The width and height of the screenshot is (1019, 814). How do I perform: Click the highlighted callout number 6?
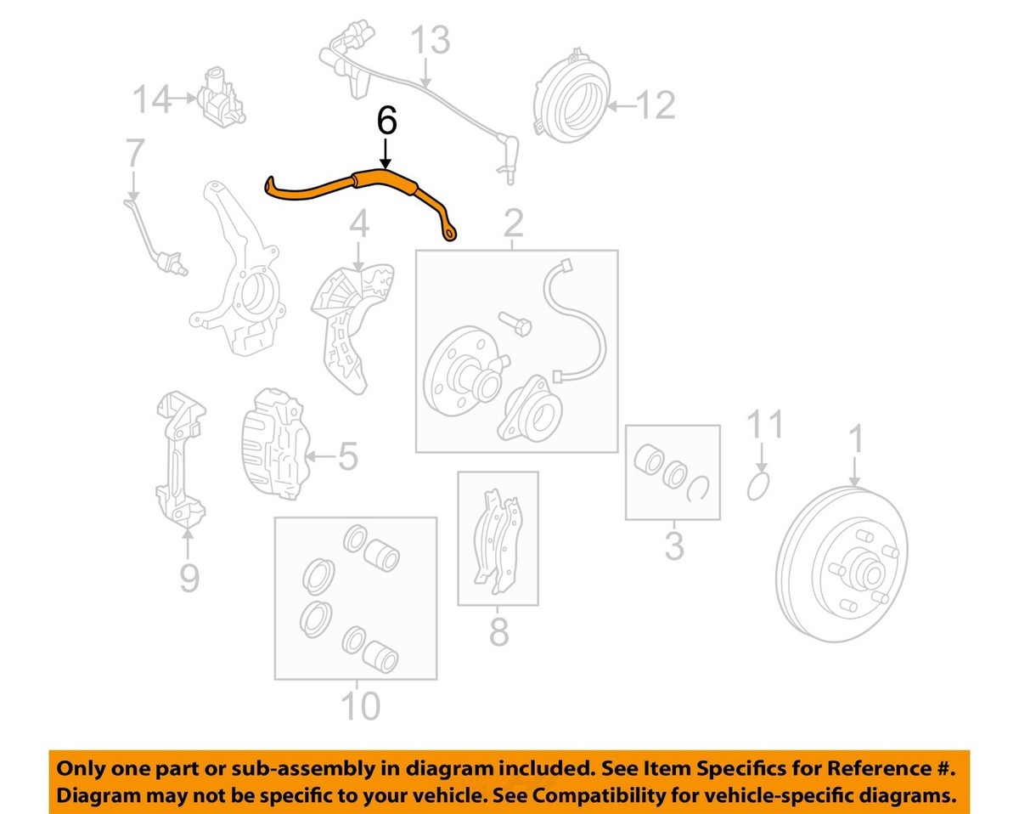point(386,121)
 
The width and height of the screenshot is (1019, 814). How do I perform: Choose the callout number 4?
point(359,225)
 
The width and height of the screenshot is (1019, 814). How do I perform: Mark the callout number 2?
point(513,225)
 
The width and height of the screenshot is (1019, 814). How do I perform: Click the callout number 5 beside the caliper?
point(347,457)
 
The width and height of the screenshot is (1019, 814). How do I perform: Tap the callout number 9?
point(189,578)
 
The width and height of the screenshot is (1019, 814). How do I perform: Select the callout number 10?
point(359,705)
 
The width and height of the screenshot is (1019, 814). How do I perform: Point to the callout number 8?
point(498,632)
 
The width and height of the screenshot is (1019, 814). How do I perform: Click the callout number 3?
point(673,545)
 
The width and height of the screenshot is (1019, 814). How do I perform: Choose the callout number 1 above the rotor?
point(855,441)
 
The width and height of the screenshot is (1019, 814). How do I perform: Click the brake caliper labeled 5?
point(273,442)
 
